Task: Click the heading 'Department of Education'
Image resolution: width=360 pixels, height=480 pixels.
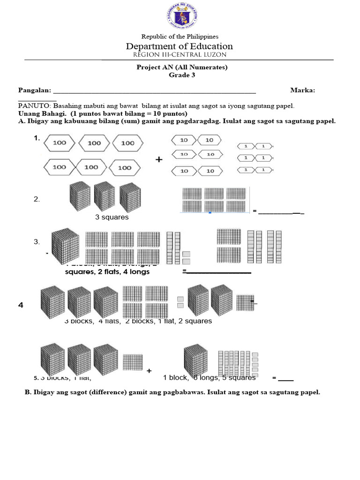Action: coord(179,46)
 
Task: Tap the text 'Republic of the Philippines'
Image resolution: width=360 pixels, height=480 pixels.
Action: coord(180,37)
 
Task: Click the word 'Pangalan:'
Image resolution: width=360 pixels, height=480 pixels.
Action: coord(34,90)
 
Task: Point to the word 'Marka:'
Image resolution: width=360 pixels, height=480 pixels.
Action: coord(302,90)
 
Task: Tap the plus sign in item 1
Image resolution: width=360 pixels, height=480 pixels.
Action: coord(159,159)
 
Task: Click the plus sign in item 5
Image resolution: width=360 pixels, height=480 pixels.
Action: coord(149,371)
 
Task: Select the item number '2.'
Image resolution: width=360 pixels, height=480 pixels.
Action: coord(37,199)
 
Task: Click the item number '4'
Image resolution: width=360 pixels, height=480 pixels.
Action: coord(21,305)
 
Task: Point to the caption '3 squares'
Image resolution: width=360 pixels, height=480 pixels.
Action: coord(112,217)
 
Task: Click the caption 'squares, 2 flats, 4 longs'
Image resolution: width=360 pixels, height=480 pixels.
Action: coord(107,271)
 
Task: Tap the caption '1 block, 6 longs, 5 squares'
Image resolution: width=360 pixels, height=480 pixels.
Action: coord(209,377)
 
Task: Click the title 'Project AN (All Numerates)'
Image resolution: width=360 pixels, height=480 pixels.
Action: coord(181,67)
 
